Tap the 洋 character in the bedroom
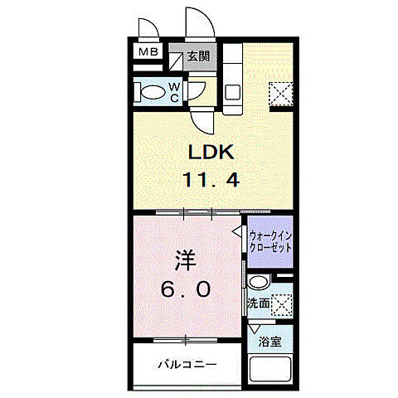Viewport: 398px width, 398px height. point(185,260)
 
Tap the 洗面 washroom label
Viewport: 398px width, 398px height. point(259,304)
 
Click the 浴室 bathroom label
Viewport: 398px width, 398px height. point(269,341)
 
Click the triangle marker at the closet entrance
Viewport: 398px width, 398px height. point(237,234)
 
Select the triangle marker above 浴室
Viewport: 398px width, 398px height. point(255,329)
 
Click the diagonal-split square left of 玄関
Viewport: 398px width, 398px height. point(177,59)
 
